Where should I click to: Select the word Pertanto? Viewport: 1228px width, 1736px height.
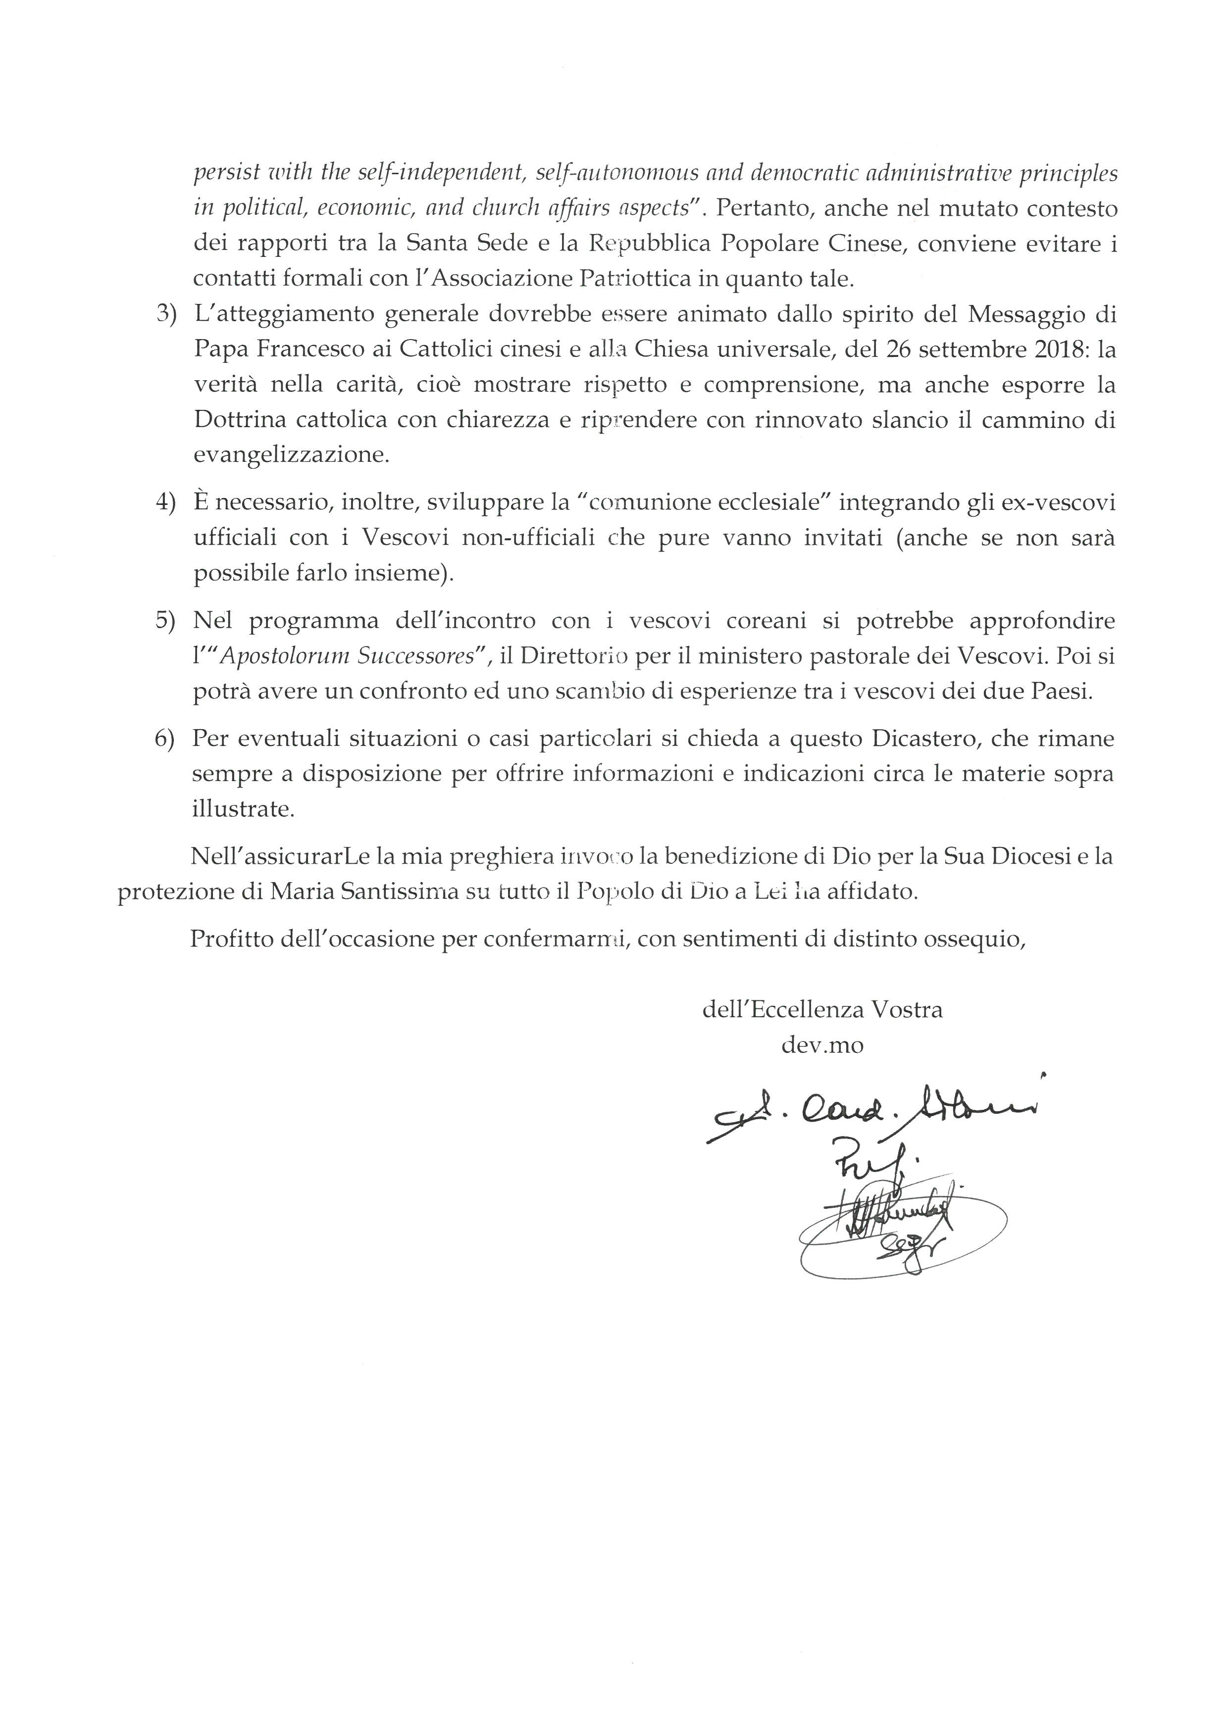[x=761, y=209]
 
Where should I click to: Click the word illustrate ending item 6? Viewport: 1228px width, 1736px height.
[x=243, y=809]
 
